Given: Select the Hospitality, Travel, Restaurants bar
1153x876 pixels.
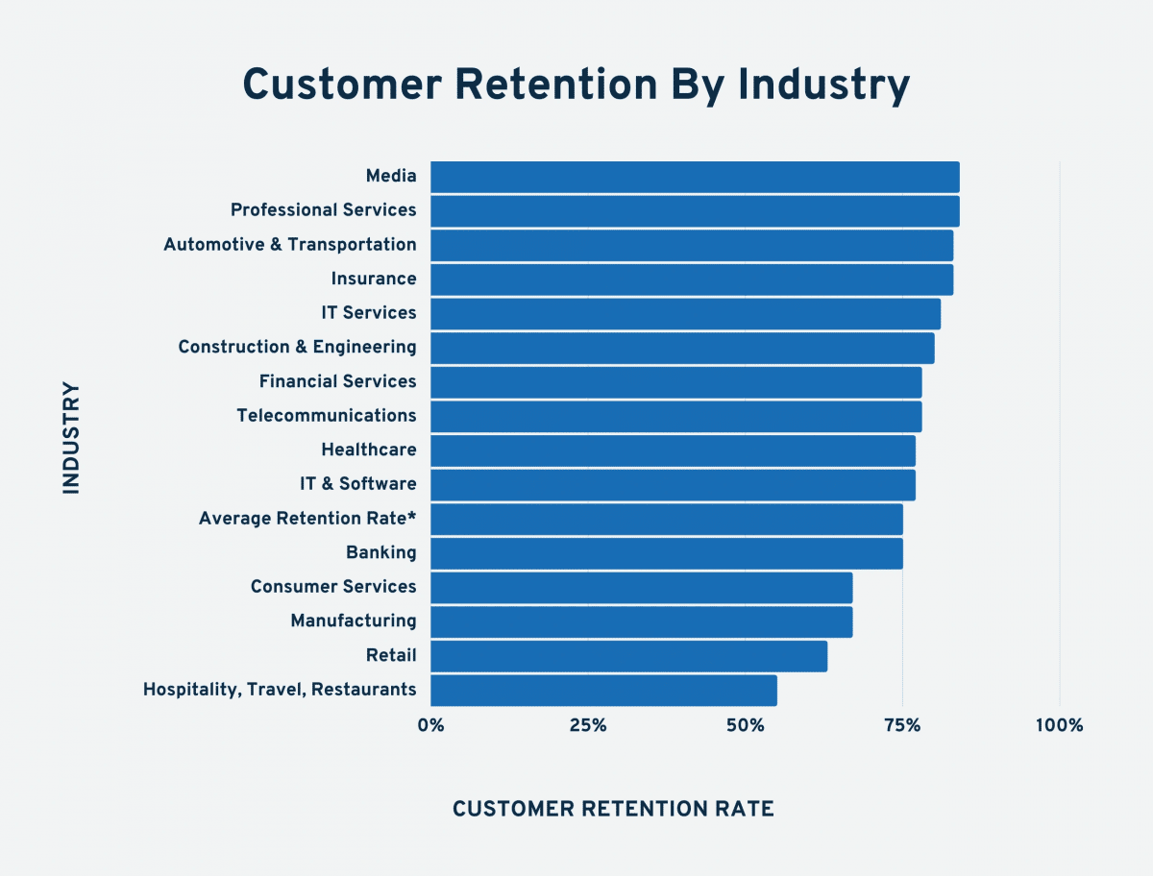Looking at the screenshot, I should coord(603,690).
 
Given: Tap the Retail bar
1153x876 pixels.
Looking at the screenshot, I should coord(628,656).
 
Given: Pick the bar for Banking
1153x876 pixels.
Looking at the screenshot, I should coord(666,553).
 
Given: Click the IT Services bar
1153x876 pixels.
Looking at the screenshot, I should coord(685,313).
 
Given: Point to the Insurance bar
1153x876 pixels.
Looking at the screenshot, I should coord(692,280).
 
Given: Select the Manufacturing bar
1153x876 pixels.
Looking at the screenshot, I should coord(641,621).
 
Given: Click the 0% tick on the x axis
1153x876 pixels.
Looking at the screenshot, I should coord(430,725).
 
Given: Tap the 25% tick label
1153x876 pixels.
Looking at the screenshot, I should coord(588,725).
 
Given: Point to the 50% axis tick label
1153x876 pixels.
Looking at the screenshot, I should coord(745,725).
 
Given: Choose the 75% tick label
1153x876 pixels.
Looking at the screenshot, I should coord(902,725).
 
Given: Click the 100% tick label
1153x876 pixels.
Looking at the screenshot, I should coord(1059,725).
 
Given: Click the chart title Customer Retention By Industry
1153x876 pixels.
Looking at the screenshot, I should coord(576,85).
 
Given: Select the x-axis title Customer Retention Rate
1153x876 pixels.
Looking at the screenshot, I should coord(613,809).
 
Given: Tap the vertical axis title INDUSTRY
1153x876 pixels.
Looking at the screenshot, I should coord(72,438).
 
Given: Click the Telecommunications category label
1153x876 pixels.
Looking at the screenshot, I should coord(327,416).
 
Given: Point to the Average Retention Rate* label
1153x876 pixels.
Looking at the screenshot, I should coord(307,519).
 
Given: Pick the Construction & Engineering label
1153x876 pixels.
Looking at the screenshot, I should coord(297,347).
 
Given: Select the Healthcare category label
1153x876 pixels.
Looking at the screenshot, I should coord(369,450).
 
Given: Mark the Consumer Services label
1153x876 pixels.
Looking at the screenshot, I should coord(333,587).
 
